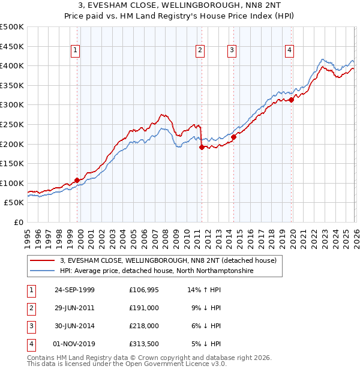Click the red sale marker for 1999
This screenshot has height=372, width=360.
77,180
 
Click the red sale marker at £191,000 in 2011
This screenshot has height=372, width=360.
202,147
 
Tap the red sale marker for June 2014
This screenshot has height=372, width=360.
233,137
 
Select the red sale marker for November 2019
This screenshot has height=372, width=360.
291,100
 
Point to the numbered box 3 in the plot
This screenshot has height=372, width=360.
232,51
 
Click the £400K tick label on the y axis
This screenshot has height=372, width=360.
12,65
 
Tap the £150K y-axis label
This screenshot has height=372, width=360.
12,163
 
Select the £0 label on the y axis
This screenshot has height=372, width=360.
19,222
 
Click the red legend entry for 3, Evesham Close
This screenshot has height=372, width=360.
168,260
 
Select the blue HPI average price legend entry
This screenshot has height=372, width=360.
156,271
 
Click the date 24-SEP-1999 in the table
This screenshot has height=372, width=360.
74,290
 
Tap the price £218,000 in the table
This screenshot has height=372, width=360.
144,326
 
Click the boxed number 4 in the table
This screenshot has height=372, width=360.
31,344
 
